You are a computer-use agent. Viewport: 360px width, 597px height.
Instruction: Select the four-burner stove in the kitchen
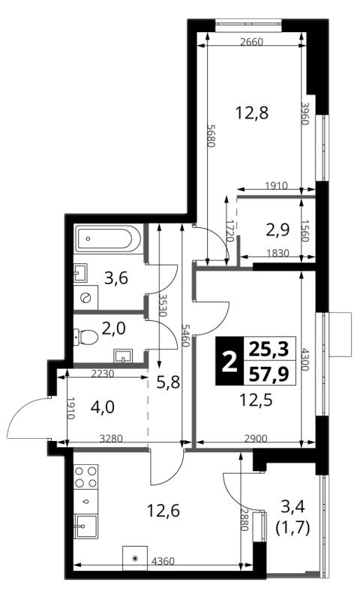[85, 476]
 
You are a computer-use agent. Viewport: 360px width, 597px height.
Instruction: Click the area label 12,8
[252, 112]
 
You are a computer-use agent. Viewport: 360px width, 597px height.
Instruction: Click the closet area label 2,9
[277, 229]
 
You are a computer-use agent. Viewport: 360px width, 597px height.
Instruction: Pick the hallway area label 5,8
[168, 381]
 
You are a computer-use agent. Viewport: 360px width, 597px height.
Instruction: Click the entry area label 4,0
[102, 407]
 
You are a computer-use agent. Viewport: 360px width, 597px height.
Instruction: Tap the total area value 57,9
[268, 375]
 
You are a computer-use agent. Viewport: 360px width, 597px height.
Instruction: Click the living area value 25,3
[268, 349]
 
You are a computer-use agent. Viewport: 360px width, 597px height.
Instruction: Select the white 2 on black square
[229, 361]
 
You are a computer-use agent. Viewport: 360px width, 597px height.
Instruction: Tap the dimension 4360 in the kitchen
[163, 561]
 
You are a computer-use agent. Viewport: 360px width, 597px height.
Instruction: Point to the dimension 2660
[252, 42]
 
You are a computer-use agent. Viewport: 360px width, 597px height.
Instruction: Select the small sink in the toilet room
[122, 357]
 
